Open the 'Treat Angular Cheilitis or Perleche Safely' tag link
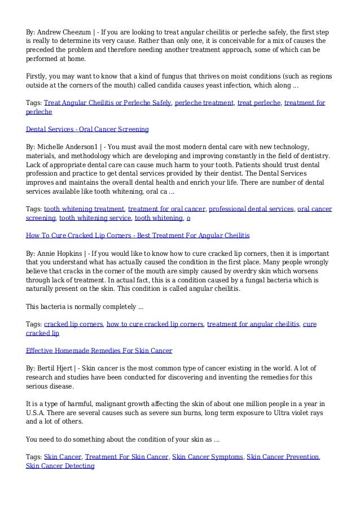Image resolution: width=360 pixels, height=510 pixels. coord(108,103)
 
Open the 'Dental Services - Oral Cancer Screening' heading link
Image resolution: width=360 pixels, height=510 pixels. coord(87,129)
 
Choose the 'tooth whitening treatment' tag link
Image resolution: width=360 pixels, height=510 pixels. coord(85,208)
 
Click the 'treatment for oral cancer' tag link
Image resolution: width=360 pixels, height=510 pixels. coord(168,208)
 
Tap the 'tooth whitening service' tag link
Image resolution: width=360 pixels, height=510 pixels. coord(95,217)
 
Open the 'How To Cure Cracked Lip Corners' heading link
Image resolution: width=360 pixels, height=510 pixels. coord(138,234)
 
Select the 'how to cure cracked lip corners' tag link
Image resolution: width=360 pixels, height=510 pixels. coord(155,324)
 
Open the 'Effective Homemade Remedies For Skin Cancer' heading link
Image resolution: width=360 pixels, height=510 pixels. coord(99,350)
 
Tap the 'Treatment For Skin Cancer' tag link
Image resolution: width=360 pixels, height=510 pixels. coord(126,456)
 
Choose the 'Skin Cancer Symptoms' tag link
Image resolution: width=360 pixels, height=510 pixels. coord(207,456)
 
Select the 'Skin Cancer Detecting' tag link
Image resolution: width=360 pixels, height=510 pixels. coord(60,466)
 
